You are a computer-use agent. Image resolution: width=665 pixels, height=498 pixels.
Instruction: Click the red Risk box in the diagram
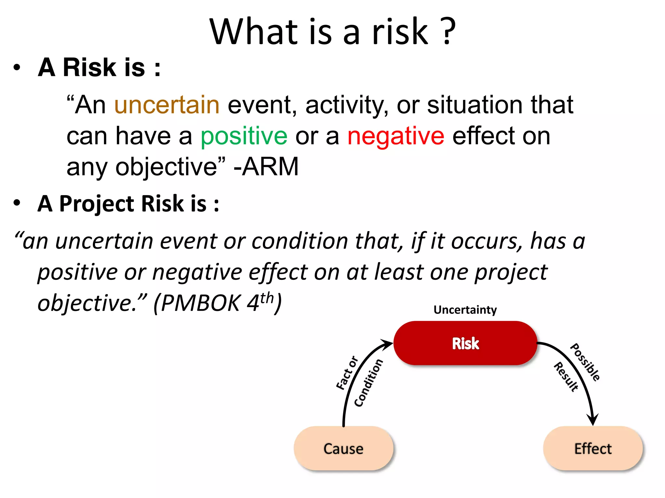465,343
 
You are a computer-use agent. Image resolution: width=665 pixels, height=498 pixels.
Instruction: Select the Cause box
343,449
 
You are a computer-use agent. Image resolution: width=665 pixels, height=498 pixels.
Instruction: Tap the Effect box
593,449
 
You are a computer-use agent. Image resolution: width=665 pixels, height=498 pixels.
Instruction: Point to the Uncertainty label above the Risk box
465,310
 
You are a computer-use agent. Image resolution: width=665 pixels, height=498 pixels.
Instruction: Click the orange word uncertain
167,105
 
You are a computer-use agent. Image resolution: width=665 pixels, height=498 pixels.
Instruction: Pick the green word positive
244,136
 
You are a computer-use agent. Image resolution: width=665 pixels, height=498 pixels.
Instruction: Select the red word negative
395,136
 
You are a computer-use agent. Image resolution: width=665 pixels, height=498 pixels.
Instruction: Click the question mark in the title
448,31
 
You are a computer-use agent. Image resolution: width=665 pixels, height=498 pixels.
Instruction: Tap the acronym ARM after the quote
270,167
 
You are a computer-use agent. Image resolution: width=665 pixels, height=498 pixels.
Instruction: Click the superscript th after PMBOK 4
267,298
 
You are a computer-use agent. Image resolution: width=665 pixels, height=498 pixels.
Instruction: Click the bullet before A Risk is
17,68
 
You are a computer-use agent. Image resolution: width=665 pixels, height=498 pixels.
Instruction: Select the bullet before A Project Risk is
17,203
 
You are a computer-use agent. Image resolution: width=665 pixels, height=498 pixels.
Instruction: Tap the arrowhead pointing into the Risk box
387,344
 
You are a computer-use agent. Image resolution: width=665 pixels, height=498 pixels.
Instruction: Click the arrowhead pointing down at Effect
593,420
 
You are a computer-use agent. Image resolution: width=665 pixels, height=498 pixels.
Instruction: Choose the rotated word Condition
369,383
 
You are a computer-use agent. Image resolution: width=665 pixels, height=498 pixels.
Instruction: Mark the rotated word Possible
585,362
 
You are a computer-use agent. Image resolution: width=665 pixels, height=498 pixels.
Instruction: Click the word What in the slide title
254,31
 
